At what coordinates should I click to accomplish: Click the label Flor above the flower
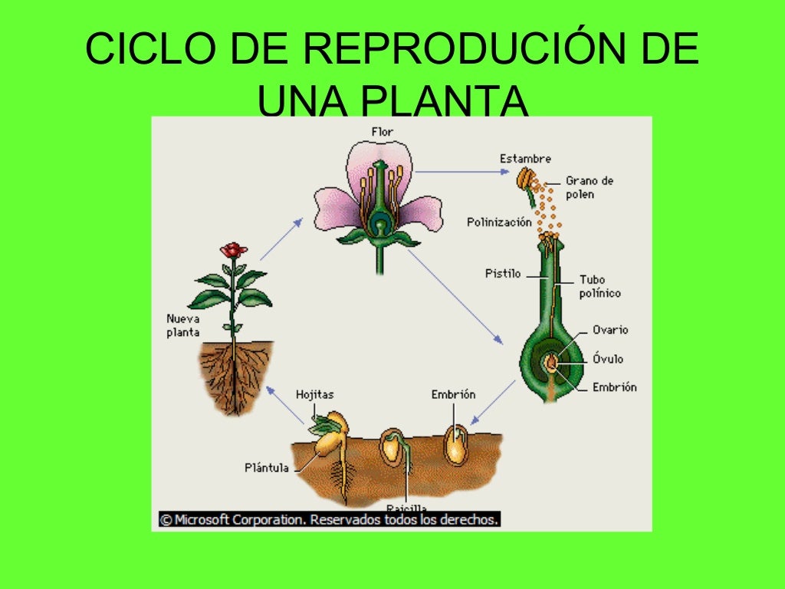[x=382, y=132]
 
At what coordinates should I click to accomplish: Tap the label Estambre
[x=525, y=159]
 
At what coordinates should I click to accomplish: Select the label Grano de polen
[x=590, y=188]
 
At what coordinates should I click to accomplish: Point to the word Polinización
[x=499, y=222]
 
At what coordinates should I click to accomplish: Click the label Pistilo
[x=503, y=273]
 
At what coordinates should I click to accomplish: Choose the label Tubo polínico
[x=599, y=286]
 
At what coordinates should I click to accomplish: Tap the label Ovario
[x=610, y=330]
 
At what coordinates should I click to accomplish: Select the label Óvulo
[x=608, y=359]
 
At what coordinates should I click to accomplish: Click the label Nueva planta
[x=183, y=325]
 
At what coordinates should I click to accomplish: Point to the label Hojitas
[x=314, y=394]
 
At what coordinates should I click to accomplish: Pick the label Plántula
[x=267, y=467]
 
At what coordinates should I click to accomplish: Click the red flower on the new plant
[x=233, y=250]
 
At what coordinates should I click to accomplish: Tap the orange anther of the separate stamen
[x=524, y=179]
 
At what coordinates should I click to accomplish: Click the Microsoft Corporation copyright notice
[x=330, y=519]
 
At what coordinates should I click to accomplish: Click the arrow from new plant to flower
[x=280, y=239]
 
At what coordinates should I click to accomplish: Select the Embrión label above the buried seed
[x=453, y=394]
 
